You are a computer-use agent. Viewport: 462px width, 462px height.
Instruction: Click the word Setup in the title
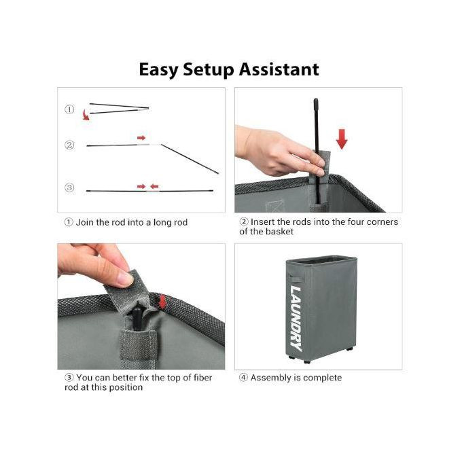coord(208,70)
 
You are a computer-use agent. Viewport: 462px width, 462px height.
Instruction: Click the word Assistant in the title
coord(279,69)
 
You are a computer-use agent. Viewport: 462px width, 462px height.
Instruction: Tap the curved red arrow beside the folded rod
coord(86,114)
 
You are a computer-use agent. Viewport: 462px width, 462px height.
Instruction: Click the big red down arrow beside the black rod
coord(342,139)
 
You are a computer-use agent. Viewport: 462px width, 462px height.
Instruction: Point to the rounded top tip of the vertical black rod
coord(316,100)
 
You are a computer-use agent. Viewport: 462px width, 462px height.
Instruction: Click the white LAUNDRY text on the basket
coord(296,319)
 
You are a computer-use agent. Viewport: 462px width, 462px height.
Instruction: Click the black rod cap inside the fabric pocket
coord(137,318)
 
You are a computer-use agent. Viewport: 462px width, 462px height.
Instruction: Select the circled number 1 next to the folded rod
coord(69,109)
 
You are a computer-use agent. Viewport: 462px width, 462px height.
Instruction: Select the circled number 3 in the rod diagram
coord(69,188)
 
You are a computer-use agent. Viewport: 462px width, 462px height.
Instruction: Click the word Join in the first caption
coord(85,222)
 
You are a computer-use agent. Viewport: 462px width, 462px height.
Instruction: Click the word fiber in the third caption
coord(202,378)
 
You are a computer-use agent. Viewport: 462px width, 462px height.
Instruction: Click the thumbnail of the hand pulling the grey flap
coord(141,306)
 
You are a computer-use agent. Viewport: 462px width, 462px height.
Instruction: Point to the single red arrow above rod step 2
coord(141,138)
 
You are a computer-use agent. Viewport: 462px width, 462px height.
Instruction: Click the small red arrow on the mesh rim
coord(162,302)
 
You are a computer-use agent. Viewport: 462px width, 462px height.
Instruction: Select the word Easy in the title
coord(158,70)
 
